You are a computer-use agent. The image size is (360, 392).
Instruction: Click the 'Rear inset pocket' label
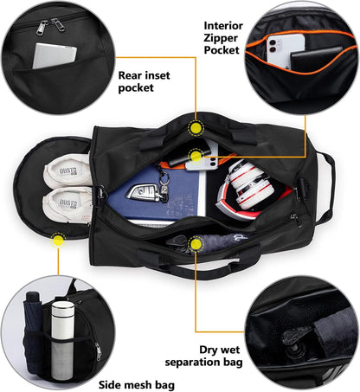click(137, 80)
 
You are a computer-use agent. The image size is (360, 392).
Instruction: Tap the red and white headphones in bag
click(247, 188)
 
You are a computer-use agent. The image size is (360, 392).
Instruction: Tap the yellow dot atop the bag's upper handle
click(196, 128)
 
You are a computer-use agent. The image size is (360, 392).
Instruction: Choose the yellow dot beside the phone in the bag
click(196, 156)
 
